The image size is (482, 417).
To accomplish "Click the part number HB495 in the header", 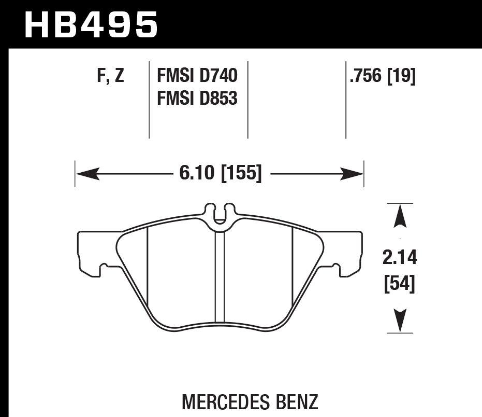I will (x=91, y=24).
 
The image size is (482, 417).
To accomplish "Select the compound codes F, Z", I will (x=111, y=76).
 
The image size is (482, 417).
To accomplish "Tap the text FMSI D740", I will (x=197, y=76).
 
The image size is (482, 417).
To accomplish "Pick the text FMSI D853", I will (x=197, y=98).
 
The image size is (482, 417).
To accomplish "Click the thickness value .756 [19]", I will (x=383, y=76).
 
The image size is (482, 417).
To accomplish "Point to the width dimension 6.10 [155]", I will (x=221, y=173).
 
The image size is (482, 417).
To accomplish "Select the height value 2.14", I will (x=400, y=257).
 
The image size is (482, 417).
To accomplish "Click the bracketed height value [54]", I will (x=400, y=284).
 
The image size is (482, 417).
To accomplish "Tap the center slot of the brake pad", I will (x=220, y=277).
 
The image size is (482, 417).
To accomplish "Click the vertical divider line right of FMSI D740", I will (x=247, y=100).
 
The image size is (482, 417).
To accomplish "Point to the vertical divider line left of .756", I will (x=345, y=100).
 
